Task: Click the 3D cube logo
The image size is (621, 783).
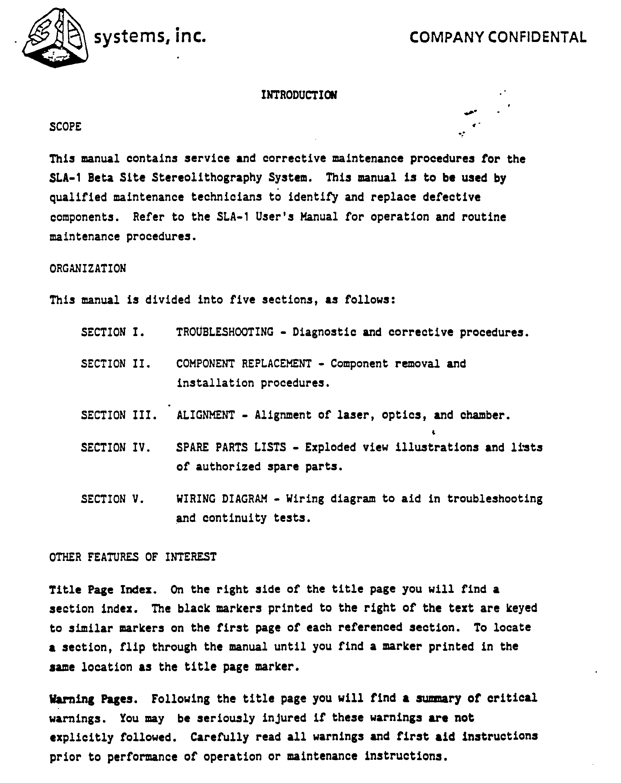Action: click(55, 39)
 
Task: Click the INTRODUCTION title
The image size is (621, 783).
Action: click(299, 95)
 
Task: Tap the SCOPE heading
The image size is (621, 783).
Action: click(65, 127)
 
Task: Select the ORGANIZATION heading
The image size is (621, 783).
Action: click(87, 268)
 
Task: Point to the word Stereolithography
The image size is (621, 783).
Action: click(207, 178)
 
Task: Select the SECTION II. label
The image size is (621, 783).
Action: click(116, 364)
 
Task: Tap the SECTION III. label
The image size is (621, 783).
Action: click(119, 415)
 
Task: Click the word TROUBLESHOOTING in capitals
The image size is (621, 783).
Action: click(225, 332)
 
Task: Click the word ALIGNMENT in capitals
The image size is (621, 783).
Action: click(205, 415)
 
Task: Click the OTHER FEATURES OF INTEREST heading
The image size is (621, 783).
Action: click(133, 557)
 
